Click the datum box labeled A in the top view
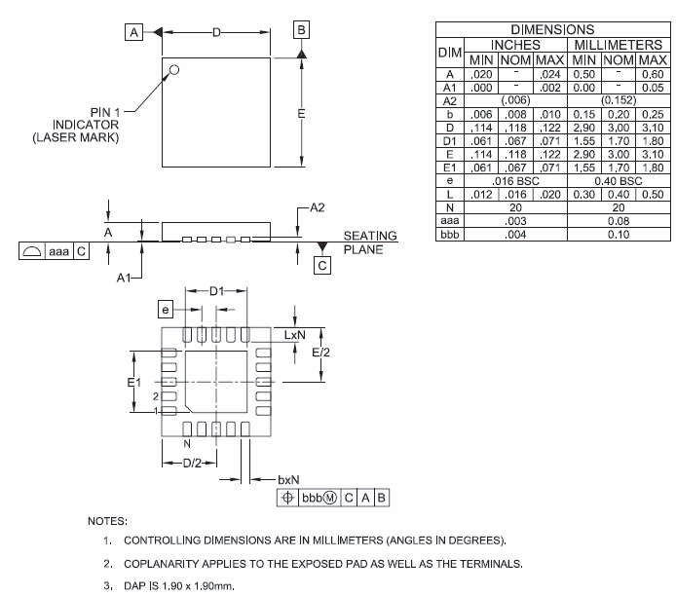[132, 32]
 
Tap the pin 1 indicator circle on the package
[174, 69]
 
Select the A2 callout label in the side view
[318, 207]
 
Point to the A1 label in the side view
[125, 278]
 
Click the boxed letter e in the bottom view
[166, 309]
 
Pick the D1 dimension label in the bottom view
[217, 291]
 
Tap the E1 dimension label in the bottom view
[135, 383]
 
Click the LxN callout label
[296, 334]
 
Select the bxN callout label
[289, 479]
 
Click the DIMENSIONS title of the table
[551, 30]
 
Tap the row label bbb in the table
[449, 235]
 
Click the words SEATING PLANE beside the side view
[370, 242]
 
